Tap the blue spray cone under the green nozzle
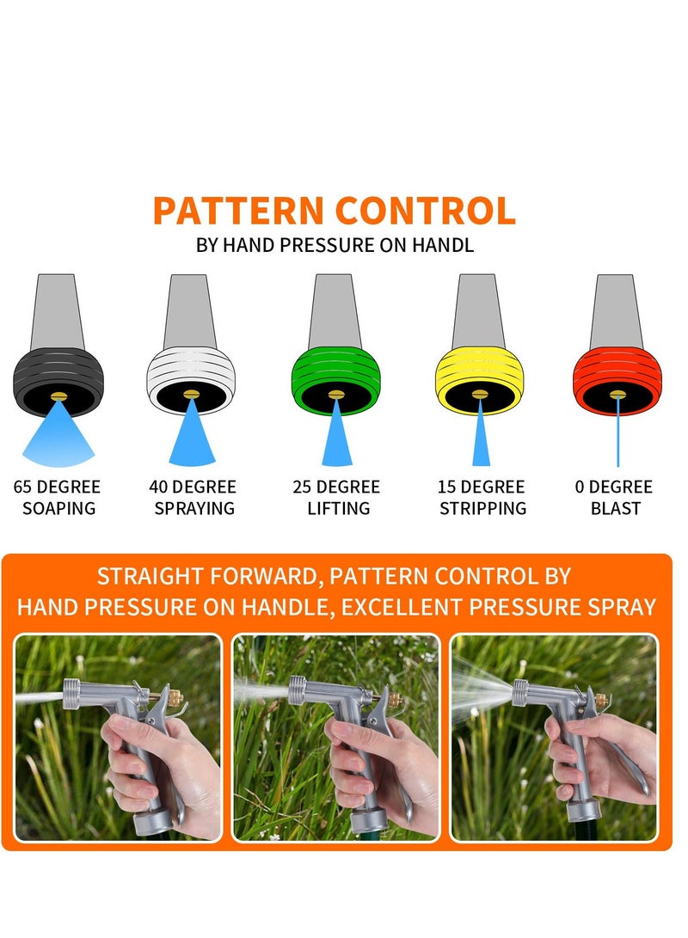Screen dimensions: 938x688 pos(337,438)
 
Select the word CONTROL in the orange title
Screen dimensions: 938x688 pos(425,212)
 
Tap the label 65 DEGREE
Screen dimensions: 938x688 pos(57,487)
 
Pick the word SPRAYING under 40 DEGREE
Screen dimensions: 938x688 pos(193,508)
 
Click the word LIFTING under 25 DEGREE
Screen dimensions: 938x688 pos(338,508)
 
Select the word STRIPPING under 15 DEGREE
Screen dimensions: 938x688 pos(482,508)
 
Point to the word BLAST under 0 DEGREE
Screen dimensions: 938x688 pos(615,508)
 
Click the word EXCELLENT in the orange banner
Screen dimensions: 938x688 pos(417,607)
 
